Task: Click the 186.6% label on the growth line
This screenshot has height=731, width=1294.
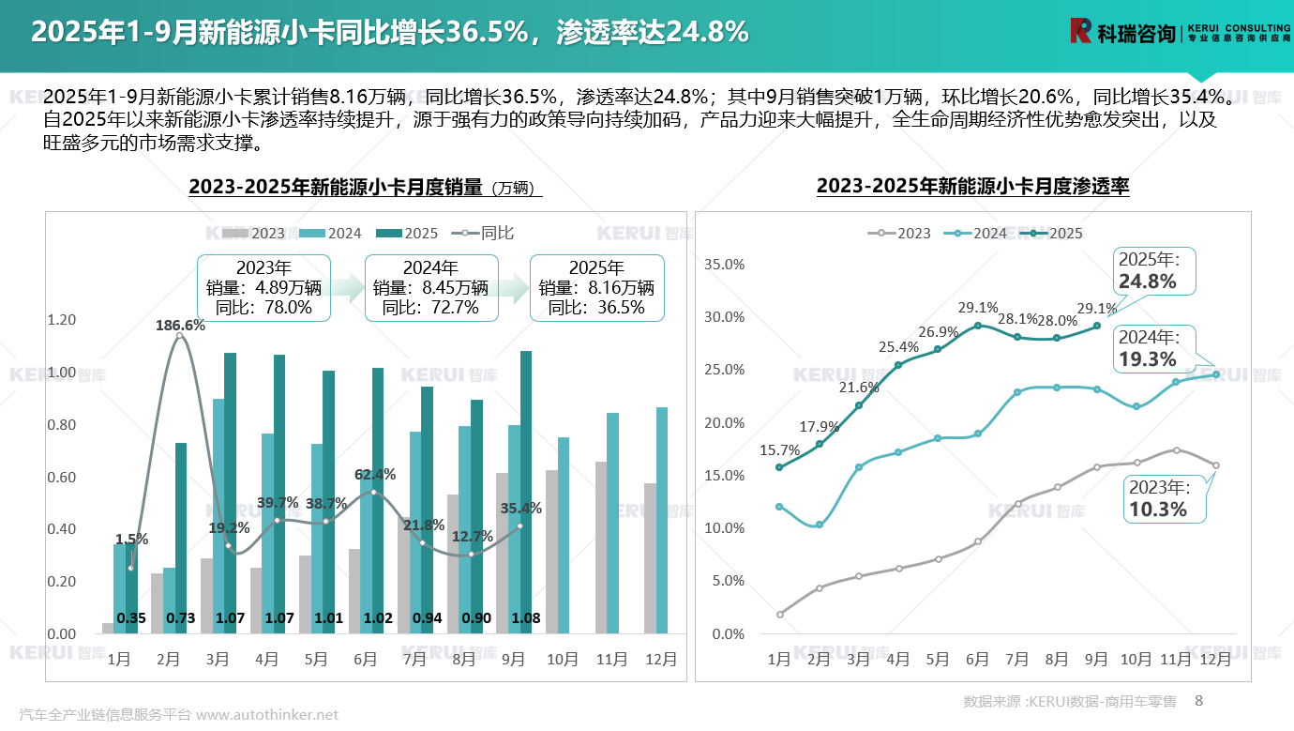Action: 180,326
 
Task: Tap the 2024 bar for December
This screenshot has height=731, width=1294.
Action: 662,521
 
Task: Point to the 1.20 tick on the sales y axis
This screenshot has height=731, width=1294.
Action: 61,320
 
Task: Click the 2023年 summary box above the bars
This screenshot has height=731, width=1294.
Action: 263,287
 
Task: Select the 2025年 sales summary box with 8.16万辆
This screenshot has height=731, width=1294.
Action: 596,287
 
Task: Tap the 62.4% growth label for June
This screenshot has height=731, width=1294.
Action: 375,475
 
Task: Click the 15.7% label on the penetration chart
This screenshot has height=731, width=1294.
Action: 778,450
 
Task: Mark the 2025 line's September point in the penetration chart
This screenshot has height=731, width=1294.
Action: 1096,327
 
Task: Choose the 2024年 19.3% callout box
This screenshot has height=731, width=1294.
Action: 1151,348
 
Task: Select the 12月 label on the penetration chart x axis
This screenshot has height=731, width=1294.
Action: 1215,660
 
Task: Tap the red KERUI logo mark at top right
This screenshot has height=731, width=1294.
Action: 1081,31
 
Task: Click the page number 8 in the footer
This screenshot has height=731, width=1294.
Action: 1198,701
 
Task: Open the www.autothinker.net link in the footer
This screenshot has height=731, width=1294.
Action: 267,715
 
